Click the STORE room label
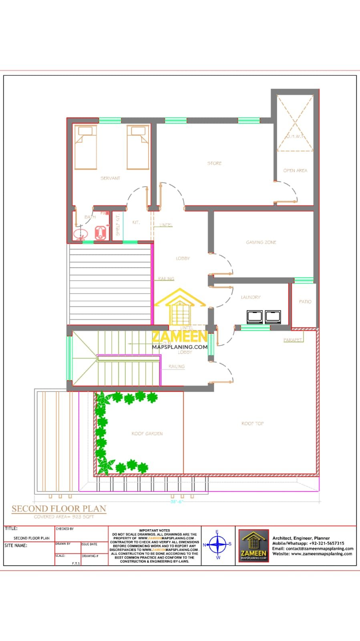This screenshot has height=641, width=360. pyautogui.click(x=214, y=163)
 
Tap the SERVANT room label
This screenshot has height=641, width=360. pyautogui.click(x=110, y=178)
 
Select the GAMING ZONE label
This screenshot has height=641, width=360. pyautogui.click(x=261, y=242)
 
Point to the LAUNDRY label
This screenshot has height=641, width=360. pyautogui.click(x=251, y=297)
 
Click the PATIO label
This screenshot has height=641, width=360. pyautogui.click(x=305, y=302)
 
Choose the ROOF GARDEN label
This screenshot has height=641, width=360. pyautogui.click(x=147, y=433)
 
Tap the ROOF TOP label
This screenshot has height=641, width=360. pyautogui.click(x=252, y=423)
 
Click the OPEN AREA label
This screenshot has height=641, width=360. pyautogui.click(x=295, y=171)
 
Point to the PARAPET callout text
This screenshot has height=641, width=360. pyautogui.click(x=293, y=340)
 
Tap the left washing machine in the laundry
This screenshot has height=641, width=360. pyautogui.click(x=255, y=316)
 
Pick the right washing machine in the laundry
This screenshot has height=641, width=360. pyautogui.click(x=273, y=316)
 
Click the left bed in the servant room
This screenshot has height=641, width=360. pyautogui.click(x=85, y=147)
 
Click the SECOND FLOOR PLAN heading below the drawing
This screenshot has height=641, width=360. pyautogui.click(x=59, y=509)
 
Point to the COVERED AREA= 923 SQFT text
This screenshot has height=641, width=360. pyautogui.click(x=64, y=517)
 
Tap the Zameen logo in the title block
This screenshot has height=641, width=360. pyautogui.click(x=253, y=545)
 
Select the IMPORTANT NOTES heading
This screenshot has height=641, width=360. pyautogui.click(x=155, y=530)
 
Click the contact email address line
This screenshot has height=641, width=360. pyautogui.click(x=313, y=549)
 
